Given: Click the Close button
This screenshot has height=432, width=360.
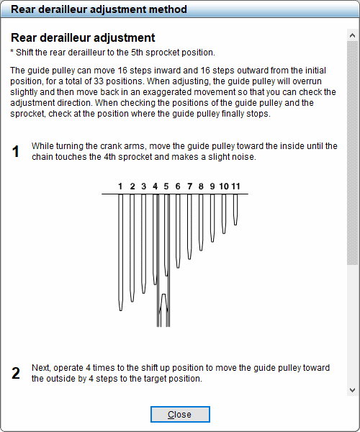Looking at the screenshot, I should tap(180, 415).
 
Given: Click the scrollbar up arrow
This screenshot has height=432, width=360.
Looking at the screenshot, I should tap(352, 34).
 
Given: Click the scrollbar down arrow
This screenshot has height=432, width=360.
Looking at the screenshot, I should tap(352, 390).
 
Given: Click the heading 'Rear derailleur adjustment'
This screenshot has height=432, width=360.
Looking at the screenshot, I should tap(83, 37).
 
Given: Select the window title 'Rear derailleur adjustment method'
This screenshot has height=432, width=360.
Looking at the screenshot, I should tap(99, 9).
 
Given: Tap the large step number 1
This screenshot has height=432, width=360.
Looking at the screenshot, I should tap(16, 152).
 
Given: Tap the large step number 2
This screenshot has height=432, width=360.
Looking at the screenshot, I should tap(16, 373).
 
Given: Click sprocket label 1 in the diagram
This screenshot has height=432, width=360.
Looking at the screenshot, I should tap(120, 186).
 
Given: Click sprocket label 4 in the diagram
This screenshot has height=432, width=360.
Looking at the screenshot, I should tap(155, 186).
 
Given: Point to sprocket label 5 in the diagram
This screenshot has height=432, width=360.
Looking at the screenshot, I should tap(166, 186).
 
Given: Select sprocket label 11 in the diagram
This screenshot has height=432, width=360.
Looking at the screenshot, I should tap(235, 186).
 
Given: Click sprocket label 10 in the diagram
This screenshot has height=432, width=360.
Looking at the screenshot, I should tap(224, 186).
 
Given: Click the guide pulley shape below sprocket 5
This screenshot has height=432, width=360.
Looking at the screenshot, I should tap(164, 310).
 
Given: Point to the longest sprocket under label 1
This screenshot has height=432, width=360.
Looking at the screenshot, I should tap(121, 252).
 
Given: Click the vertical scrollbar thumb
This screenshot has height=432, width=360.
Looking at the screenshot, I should tap(352, 151).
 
